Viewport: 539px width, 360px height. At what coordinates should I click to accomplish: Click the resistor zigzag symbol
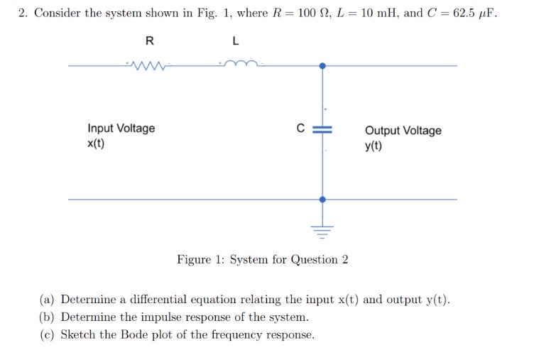[147, 66]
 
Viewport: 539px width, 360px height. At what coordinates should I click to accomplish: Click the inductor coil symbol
[242, 65]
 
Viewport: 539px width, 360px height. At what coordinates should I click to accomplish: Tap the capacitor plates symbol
[323, 130]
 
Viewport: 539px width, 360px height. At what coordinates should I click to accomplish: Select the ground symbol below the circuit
[323, 229]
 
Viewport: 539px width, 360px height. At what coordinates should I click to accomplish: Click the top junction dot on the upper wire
[323, 66]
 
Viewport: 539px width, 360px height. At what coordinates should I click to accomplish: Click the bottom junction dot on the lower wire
[323, 200]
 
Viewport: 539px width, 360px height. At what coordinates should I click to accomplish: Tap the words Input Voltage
[121, 129]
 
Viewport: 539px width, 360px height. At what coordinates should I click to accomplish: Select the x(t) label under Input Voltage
[96, 144]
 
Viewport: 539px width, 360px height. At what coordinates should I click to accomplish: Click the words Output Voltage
[403, 131]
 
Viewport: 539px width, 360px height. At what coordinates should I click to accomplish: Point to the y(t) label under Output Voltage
[374, 147]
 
